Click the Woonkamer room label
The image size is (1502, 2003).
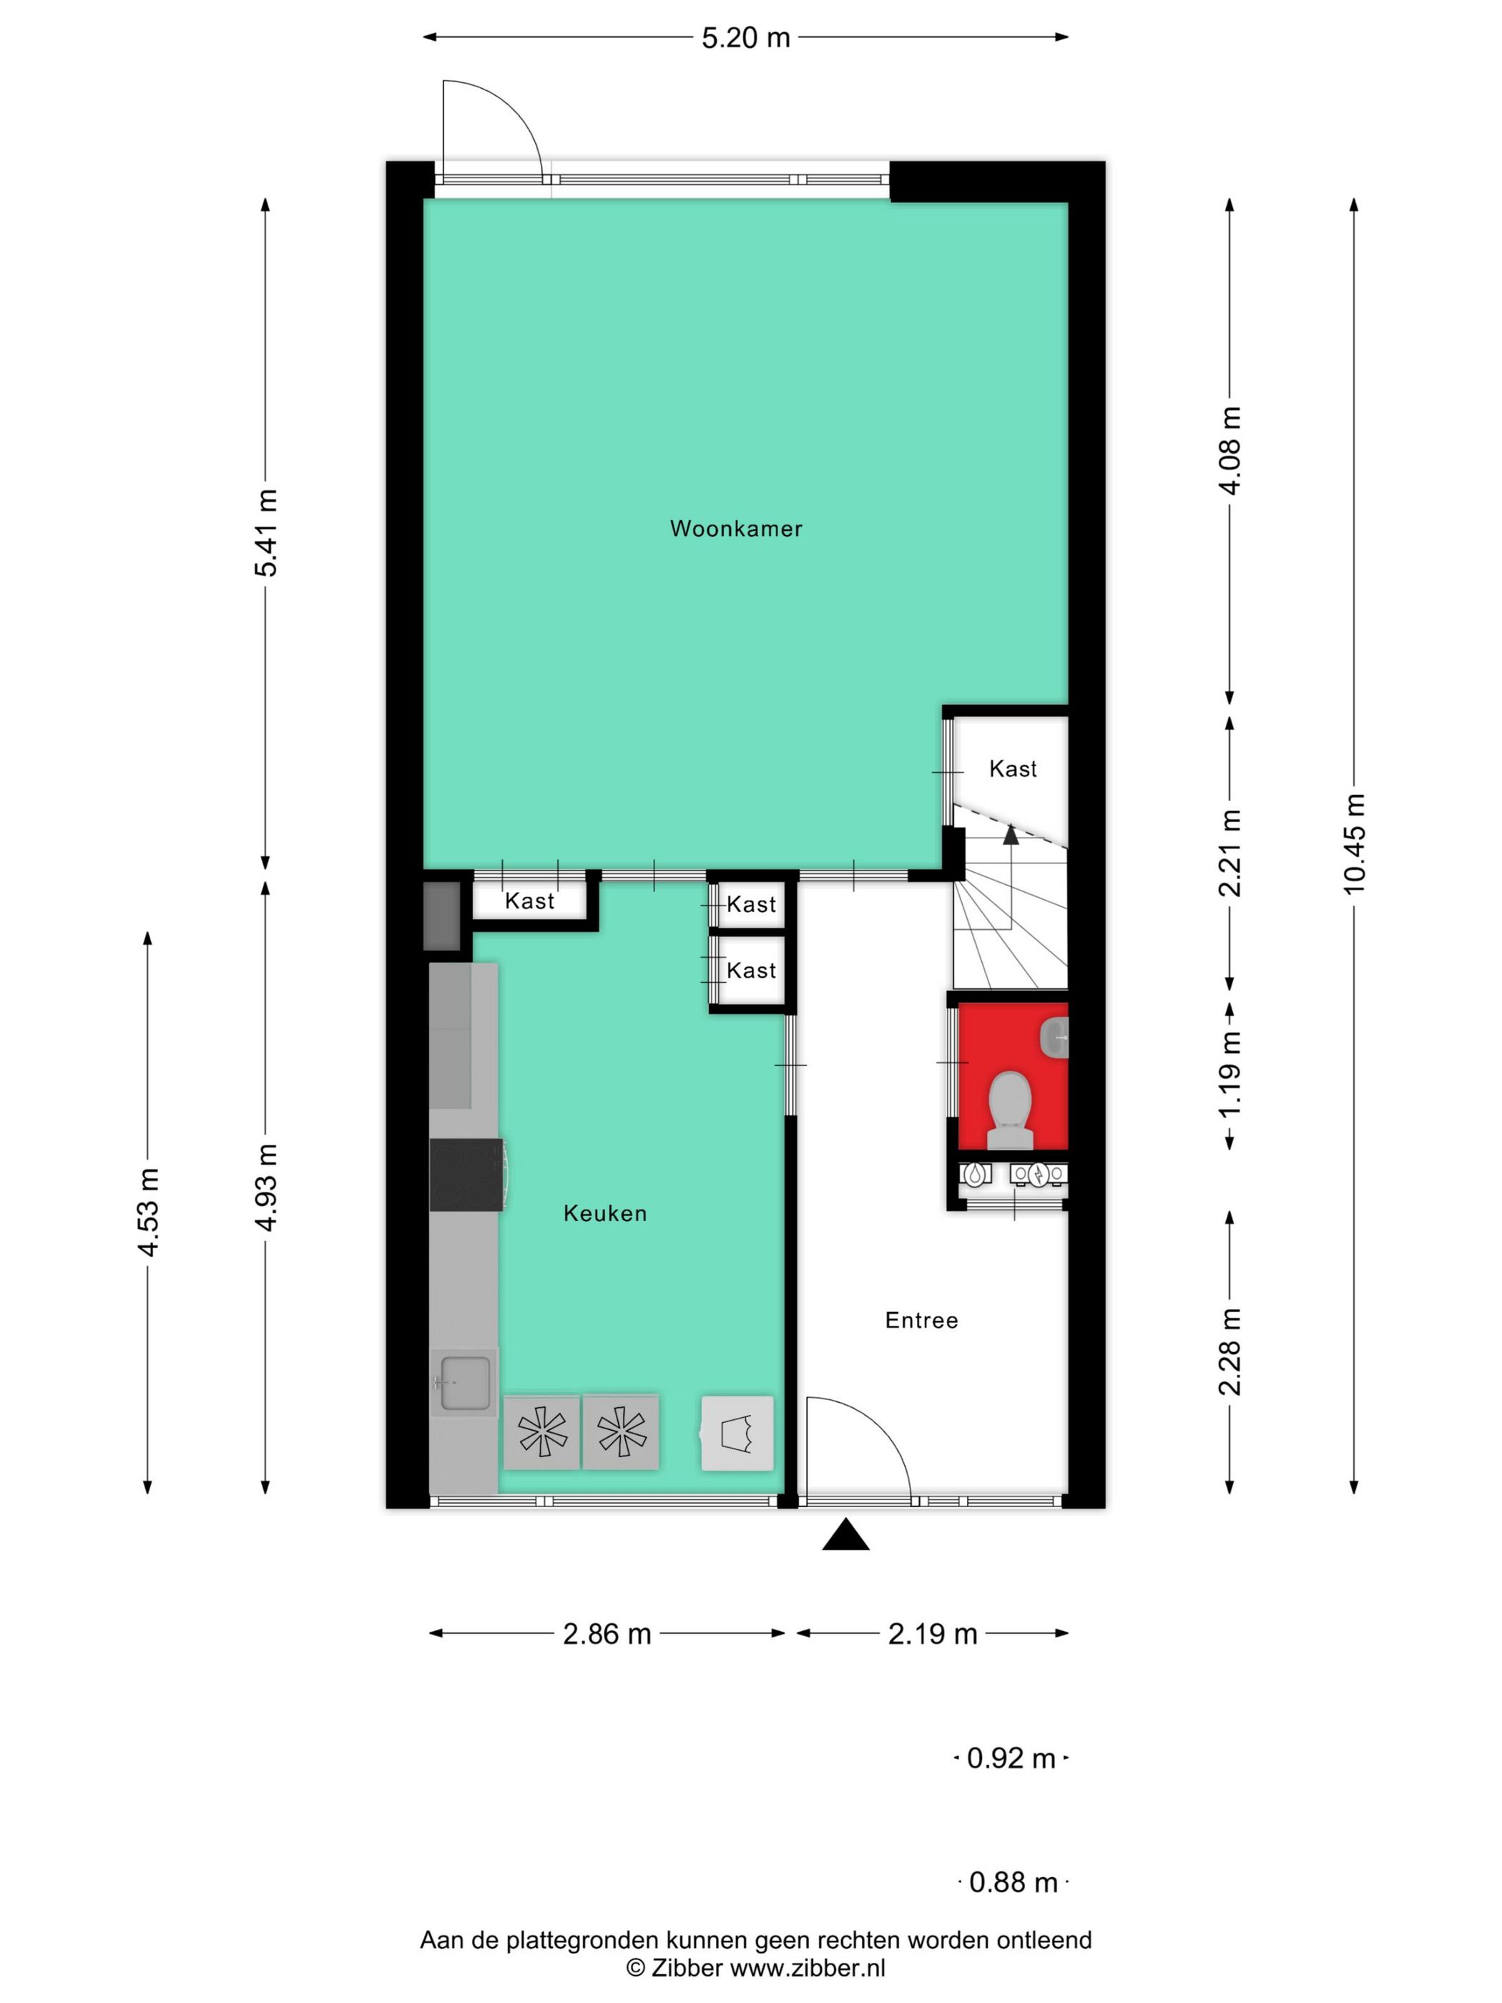(x=735, y=529)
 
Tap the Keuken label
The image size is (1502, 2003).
(x=605, y=1213)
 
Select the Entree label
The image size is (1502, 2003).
(x=921, y=1321)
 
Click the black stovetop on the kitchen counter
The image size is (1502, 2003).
(x=466, y=1175)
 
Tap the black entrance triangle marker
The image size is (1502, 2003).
(x=845, y=1535)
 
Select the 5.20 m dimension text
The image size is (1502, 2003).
(x=746, y=38)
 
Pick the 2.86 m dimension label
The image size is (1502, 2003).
(x=607, y=1634)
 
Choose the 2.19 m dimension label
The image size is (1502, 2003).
(x=933, y=1634)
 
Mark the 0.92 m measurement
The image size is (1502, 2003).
(x=1011, y=1758)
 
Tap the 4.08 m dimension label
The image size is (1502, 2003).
(x=1229, y=450)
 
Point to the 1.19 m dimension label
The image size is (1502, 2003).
(x=1229, y=1075)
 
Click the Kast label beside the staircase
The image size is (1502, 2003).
(x=1012, y=769)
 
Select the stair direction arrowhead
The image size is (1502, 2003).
(x=1011, y=834)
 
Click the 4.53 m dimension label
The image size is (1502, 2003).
(x=147, y=1212)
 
